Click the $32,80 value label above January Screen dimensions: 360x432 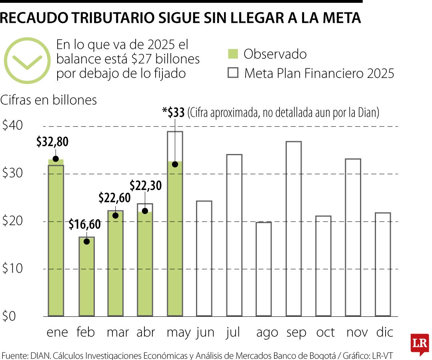pos(52,142)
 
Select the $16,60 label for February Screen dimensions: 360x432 pos(84,224)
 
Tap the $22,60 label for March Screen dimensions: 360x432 pos(115,198)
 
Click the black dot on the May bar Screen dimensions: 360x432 pos(175,164)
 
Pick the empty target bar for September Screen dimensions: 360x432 pos(294,228)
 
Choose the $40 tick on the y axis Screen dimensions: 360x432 pos(12,126)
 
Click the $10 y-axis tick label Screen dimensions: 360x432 pos(12,269)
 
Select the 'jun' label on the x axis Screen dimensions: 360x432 pos(205,332)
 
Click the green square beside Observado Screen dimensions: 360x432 pos(233,54)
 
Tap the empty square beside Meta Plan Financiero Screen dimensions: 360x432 pos(233,73)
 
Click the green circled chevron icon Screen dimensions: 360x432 pos(27,60)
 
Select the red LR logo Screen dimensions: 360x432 pos(420,344)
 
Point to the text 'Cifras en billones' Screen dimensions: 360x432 pos(49,100)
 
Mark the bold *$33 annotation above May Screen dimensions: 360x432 pos(173,113)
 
